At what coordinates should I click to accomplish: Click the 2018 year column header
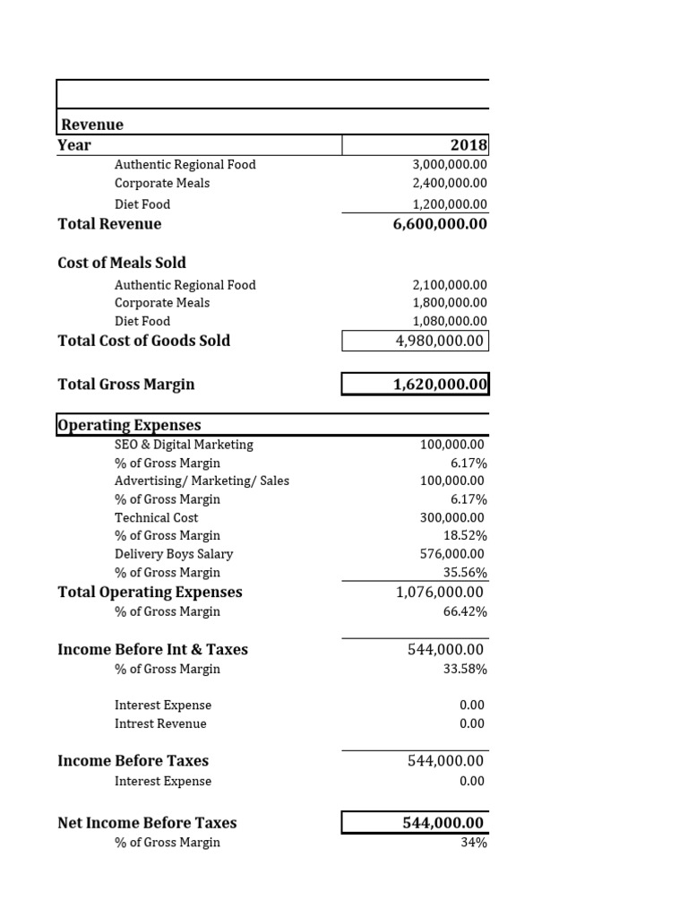469,145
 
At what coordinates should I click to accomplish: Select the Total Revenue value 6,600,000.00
440,224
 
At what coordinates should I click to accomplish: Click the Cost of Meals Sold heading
122,263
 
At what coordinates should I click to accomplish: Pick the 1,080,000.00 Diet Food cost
450,321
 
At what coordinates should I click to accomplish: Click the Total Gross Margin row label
125,385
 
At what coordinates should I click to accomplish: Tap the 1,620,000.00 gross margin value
440,385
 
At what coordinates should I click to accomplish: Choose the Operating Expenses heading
129,425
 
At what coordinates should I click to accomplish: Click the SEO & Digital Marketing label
184,445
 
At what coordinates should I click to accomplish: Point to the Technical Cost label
156,517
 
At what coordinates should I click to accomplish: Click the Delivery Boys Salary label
174,554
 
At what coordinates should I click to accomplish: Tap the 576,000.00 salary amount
452,554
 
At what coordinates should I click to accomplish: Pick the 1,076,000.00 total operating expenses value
439,593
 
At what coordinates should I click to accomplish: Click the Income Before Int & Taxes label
152,649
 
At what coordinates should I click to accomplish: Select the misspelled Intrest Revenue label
160,723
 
